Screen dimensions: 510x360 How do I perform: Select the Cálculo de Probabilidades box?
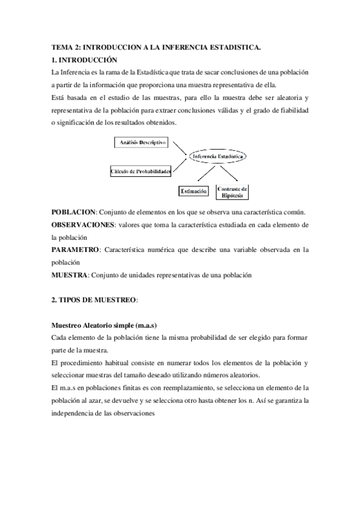pyautogui.click(x=141, y=171)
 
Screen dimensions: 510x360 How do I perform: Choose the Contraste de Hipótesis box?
pyautogui.click(x=232, y=192)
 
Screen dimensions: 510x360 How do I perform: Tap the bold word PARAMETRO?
pyautogui.click(x=75, y=249)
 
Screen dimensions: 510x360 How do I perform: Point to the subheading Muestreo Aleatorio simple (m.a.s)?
pyautogui.click(x=104, y=325)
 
